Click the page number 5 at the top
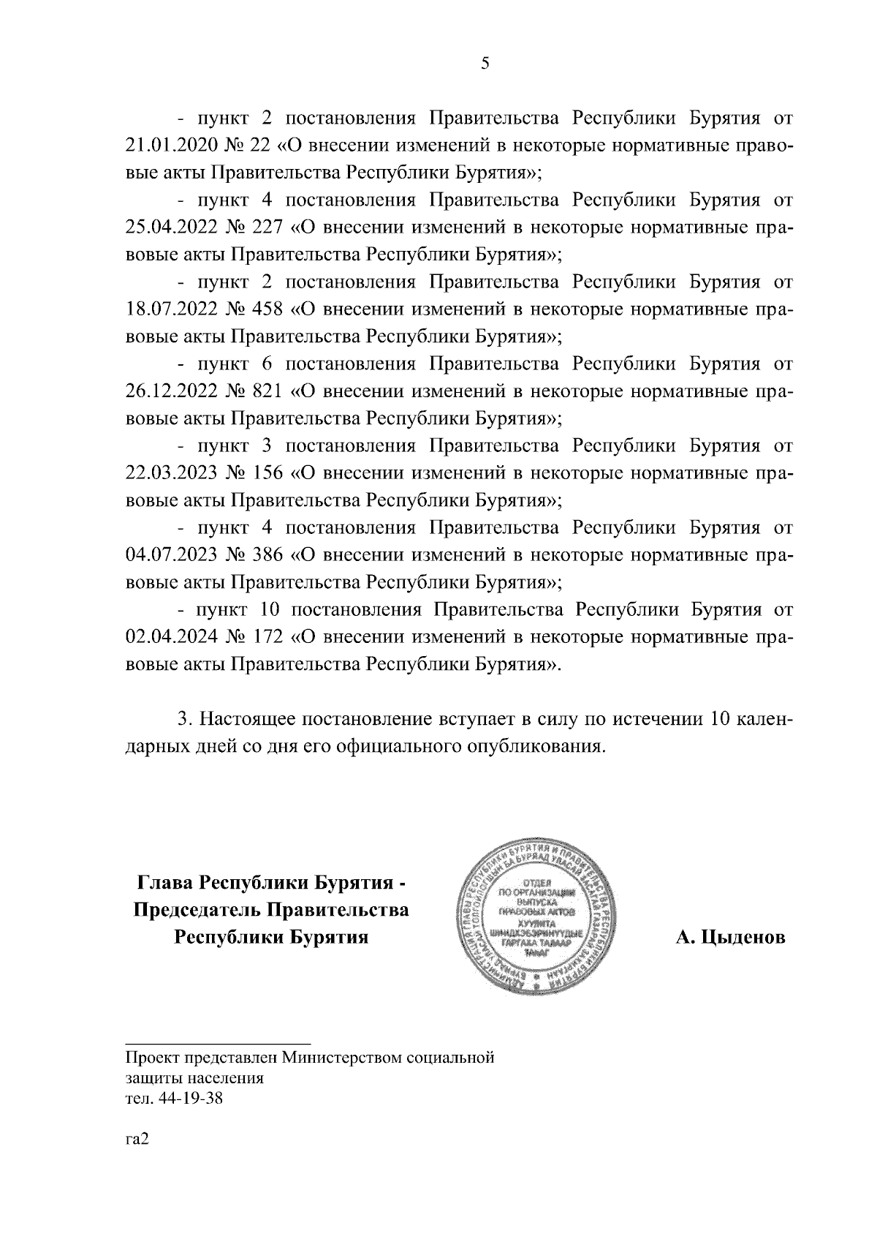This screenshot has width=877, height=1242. click(485, 64)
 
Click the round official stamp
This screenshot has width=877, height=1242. click(537, 916)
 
